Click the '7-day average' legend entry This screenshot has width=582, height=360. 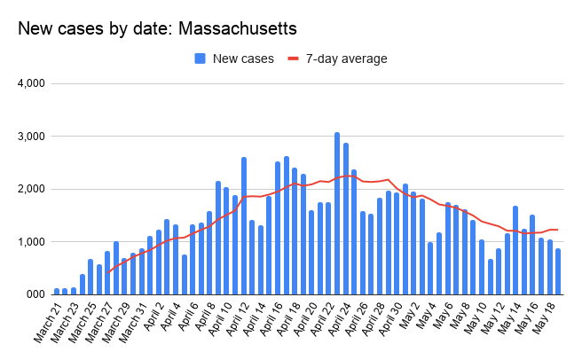(337, 59)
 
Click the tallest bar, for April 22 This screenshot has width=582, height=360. (336, 213)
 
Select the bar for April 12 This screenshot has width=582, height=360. (243, 225)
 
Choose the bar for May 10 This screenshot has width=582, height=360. (490, 276)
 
